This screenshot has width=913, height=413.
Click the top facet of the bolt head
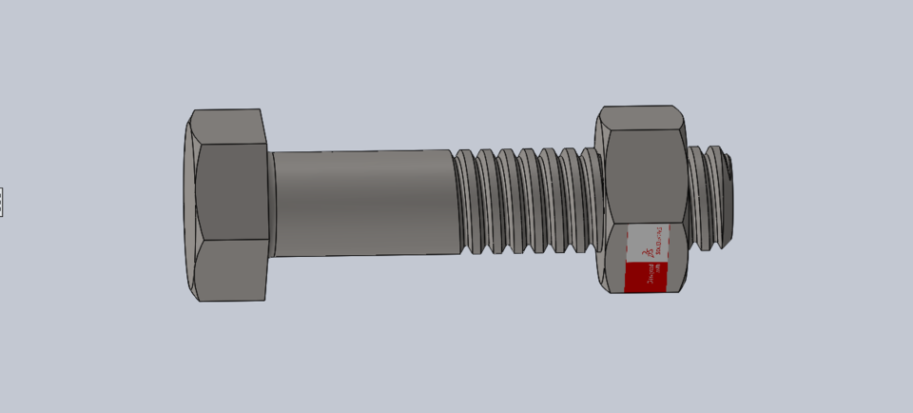(x=228, y=127)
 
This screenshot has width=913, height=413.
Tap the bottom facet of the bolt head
(x=233, y=270)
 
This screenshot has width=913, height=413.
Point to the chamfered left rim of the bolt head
(x=189, y=205)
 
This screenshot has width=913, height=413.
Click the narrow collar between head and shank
(x=271, y=204)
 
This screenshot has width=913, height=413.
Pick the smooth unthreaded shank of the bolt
(x=361, y=202)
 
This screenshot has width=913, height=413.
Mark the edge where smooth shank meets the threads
(x=453, y=202)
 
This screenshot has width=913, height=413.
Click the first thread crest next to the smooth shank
(x=465, y=202)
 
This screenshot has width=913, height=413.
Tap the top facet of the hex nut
(x=642, y=118)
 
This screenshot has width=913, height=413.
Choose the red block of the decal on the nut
(x=646, y=277)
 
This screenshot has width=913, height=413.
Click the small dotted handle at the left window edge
(x=1, y=202)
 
